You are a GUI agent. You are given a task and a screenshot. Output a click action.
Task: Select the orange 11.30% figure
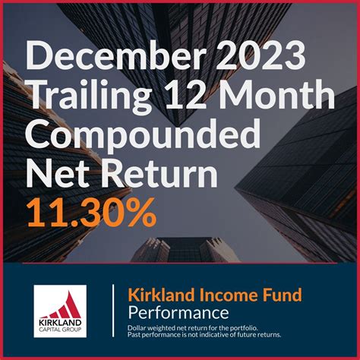coord(91,213)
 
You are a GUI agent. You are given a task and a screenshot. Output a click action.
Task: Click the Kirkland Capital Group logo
coord(60,311)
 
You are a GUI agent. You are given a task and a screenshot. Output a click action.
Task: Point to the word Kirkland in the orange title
coord(155,295)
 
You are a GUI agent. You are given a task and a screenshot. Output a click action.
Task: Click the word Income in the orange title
coord(216,295)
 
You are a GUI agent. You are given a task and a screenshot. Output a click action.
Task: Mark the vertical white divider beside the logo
coord(113,311)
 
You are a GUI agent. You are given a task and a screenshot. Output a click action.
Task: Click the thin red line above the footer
coord(180,263)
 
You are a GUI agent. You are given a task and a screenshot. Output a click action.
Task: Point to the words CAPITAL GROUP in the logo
coord(60,330)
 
